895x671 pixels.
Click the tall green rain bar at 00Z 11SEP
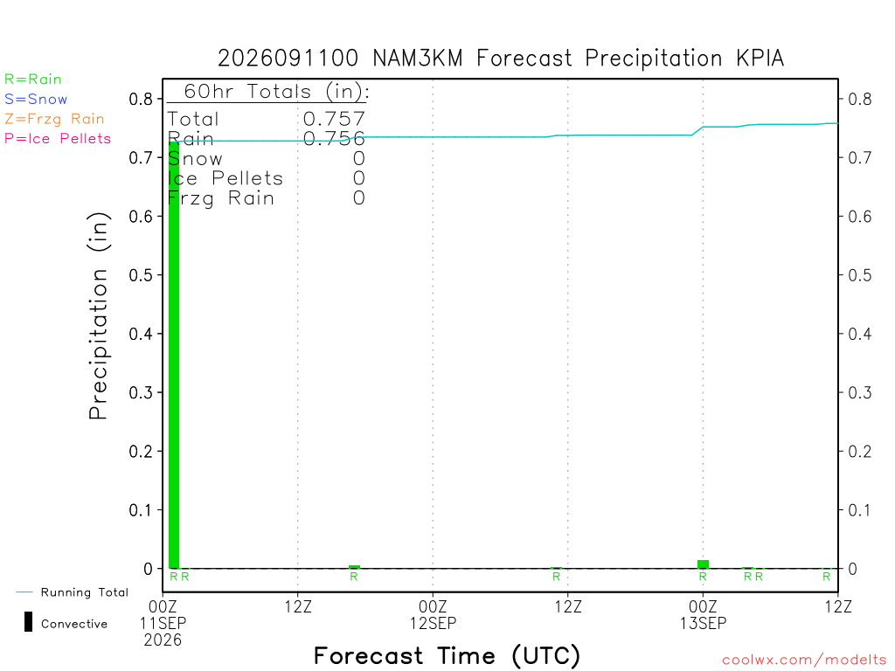[174, 355]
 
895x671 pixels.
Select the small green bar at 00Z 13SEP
[704, 564]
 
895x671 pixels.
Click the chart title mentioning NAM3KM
[501, 59]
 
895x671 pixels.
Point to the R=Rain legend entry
[33, 80]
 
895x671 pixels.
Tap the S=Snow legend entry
[36, 100]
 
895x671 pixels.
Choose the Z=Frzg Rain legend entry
[54, 119]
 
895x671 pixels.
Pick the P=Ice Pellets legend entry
[58, 139]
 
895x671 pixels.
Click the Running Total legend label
[85, 592]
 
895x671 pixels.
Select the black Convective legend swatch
[28, 622]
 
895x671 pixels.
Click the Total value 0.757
[334, 119]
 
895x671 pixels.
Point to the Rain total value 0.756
[334, 139]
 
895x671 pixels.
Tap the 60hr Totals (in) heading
[276, 91]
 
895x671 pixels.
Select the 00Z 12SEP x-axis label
[433, 614]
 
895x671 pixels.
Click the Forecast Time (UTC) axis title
[447, 656]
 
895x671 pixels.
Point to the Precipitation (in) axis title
[98, 315]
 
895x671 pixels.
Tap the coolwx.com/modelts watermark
[804, 661]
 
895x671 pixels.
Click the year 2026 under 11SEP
[163, 640]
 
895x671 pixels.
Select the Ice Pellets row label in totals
[225, 178]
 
